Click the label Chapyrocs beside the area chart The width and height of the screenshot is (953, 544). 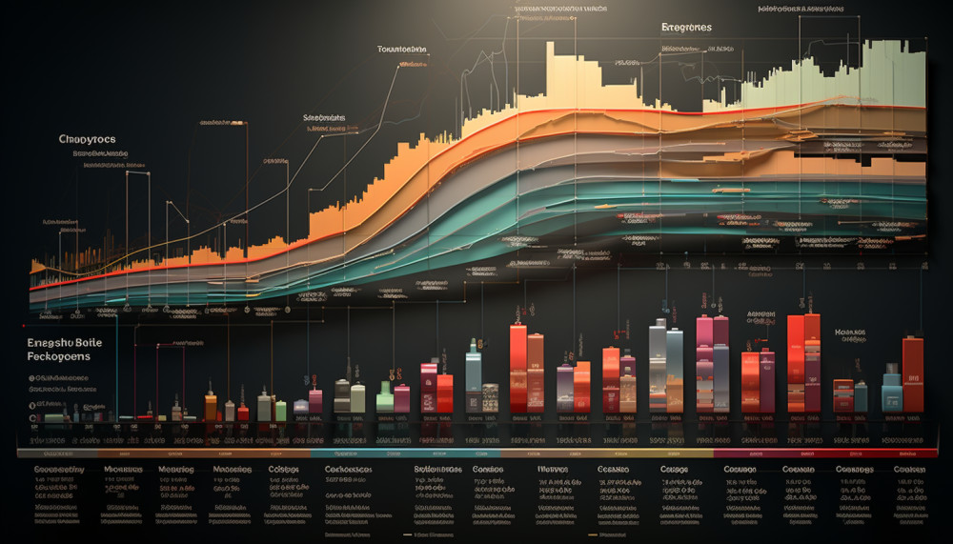point(87,139)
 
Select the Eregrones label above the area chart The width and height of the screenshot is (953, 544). point(686,28)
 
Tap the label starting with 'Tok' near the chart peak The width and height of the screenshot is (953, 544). point(401,49)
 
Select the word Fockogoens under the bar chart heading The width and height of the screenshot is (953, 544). point(59,356)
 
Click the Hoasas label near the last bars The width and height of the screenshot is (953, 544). point(850,334)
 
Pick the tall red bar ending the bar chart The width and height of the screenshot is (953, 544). point(913,373)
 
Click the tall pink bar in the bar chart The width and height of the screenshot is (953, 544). point(704,364)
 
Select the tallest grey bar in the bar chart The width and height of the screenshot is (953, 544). point(658,368)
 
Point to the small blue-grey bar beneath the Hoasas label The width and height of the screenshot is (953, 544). point(861,396)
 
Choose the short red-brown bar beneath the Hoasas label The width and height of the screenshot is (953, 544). point(842,395)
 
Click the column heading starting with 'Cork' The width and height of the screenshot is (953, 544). point(347,470)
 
